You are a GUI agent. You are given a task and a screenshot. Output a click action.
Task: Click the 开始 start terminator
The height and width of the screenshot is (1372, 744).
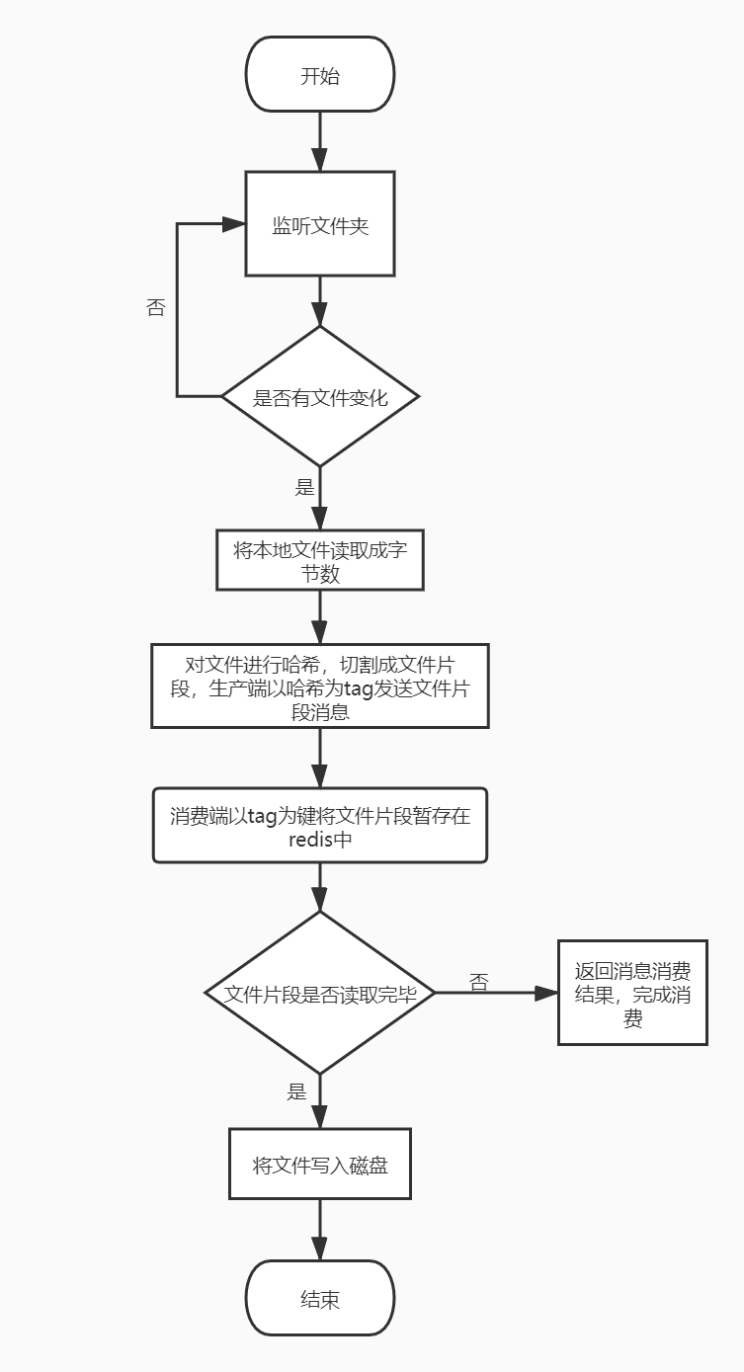click(319, 75)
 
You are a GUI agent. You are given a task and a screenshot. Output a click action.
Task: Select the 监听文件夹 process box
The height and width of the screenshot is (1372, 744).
click(319, 224)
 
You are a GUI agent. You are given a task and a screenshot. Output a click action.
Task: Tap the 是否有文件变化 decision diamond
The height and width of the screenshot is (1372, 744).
click(319, 397)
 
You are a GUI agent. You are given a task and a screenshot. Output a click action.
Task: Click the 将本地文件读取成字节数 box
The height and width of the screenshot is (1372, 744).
click(319, 562)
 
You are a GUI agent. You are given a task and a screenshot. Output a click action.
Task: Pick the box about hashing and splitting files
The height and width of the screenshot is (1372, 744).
click(319, 686)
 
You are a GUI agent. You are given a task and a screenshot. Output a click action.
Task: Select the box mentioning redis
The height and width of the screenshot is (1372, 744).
click(319, 826)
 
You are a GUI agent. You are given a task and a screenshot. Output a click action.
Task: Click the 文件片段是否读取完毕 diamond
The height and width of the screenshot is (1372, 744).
click(319, 994)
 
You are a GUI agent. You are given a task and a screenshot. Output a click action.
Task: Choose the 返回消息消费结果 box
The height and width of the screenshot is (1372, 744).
click(632, 994)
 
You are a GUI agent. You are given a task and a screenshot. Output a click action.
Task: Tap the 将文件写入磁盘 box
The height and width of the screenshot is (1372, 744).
click(319, 1165)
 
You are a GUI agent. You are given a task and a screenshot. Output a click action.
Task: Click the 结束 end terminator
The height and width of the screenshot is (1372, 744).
click(319, 1299)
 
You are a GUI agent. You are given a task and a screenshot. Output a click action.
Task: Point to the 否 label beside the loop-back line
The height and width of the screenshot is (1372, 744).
click(155, 307)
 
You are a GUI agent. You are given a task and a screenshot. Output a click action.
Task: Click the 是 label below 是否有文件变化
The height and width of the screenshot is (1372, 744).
click(304, 487)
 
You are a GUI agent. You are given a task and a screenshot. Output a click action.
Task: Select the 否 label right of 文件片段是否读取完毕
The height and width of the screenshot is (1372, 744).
click(479, 983)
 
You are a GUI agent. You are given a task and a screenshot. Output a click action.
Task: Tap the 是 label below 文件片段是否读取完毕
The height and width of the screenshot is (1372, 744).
click(297, 1091)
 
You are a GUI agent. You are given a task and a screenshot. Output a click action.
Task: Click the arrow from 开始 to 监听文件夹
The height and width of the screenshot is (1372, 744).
click(319, 140)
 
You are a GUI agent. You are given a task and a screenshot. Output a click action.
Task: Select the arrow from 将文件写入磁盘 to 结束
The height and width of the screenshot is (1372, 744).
click(319, 1230)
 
